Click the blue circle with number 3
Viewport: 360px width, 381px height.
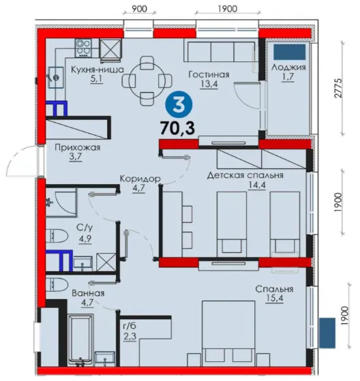point(179,106)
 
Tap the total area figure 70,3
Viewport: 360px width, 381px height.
point(178,128)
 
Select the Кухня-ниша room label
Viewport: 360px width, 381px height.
point(97,70)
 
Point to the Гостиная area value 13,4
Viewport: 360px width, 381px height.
point(209,84)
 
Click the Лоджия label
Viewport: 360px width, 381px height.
point(288,67)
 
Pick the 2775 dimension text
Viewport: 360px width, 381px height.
point(338,88)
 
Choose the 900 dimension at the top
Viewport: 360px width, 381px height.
point(139,9)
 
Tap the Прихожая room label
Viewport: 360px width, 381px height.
point(77,147)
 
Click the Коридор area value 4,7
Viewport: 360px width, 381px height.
point(139,188)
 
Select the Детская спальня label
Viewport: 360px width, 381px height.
point(245,175)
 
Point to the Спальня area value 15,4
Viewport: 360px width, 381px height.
point(275,298)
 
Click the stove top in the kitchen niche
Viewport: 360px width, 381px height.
point(84,48)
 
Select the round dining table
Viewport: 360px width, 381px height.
point(147,81)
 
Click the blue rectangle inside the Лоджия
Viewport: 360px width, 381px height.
point(289,52)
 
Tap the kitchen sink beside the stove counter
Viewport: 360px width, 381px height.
point(56,78)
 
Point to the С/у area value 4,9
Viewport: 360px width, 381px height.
point(85,239)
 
